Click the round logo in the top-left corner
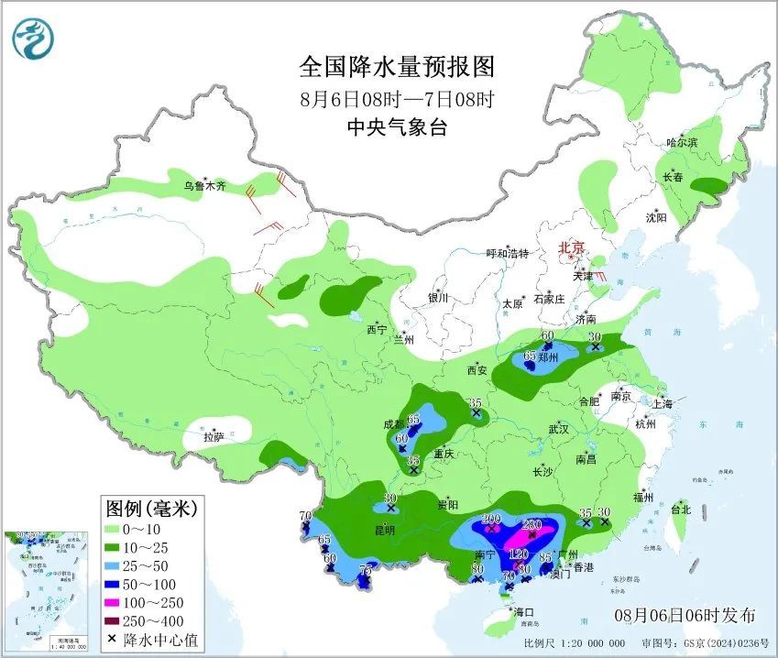tap(34, 38)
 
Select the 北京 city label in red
tap(572, 247)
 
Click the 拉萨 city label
tap(213, 437)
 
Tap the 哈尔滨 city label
tap(682, 143)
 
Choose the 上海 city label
tap(663, 404)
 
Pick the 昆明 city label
tap(384, 530)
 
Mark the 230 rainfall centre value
tap(532, 524)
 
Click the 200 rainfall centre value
tap(491, 519)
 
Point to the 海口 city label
tap(523, 611)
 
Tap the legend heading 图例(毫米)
tap(151, 507)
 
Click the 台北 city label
tap(680, 509)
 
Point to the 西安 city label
tap(477, 370)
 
